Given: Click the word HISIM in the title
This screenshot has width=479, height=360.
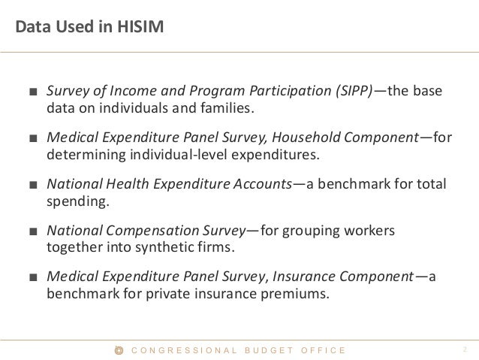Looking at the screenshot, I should tap(137, 29).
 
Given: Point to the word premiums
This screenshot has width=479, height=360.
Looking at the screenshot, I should tap(295, 294).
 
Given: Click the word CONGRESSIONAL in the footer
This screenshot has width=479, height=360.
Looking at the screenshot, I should tap(183, 350).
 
